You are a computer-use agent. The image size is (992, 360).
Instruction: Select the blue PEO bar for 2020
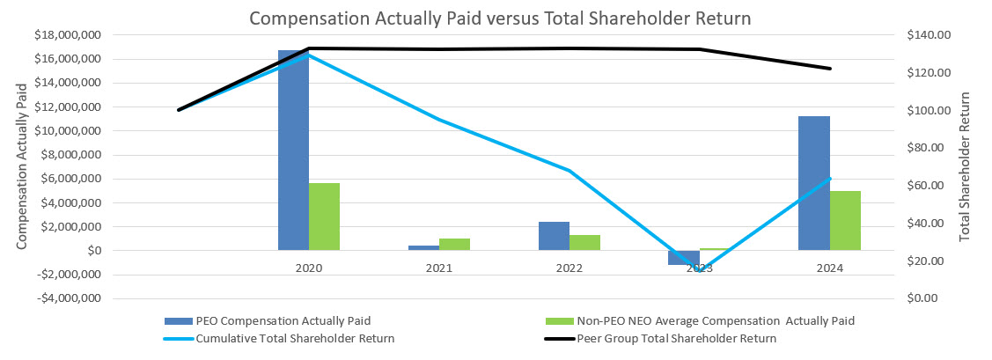(293, 150)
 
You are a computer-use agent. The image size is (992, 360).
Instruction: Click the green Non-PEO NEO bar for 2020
(324, 217)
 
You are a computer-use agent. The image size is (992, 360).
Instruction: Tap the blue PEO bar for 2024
(813, 183)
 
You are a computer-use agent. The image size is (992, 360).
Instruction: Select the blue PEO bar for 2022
(554, 236)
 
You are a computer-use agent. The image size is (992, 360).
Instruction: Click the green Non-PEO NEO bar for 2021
(454, 244)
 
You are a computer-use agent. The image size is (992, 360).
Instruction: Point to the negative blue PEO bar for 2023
(683, 257)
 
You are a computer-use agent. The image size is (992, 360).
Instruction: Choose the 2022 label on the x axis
(569, 268)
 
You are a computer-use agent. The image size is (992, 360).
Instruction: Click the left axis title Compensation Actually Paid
(22, 167)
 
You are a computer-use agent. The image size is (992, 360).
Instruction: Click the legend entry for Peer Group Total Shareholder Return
(676, 338)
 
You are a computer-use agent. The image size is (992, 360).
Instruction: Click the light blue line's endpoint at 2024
(829, 179)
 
